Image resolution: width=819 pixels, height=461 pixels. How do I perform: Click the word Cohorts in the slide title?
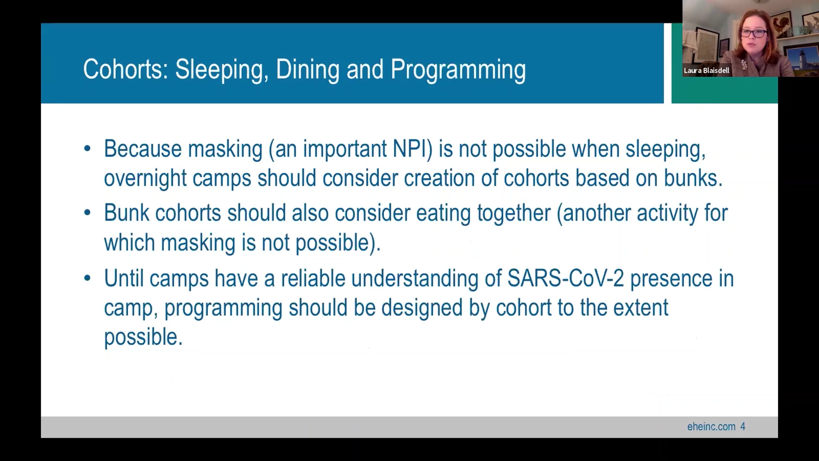(x=126, y=69)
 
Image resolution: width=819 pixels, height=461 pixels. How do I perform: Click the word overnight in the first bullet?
(x=145, y=179)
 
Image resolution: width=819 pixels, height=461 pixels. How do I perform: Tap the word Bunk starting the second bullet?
(x=127, y=213)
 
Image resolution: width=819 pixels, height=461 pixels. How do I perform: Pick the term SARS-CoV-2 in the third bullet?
(x=566, y=278)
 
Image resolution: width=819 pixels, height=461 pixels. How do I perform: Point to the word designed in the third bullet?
(x=422, y=308)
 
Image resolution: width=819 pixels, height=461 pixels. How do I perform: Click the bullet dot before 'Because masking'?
(x=87, y=149)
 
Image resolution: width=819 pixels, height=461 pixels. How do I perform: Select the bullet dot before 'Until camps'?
(x=87, y=278)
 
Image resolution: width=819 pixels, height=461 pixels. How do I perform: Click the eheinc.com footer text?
(x=711, y=427)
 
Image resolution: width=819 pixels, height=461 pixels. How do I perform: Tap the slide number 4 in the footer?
(x=743, y=427)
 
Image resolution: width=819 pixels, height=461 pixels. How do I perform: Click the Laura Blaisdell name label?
(x=706, y=70)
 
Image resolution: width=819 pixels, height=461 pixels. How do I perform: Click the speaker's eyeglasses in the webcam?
(x=754, y=33)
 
